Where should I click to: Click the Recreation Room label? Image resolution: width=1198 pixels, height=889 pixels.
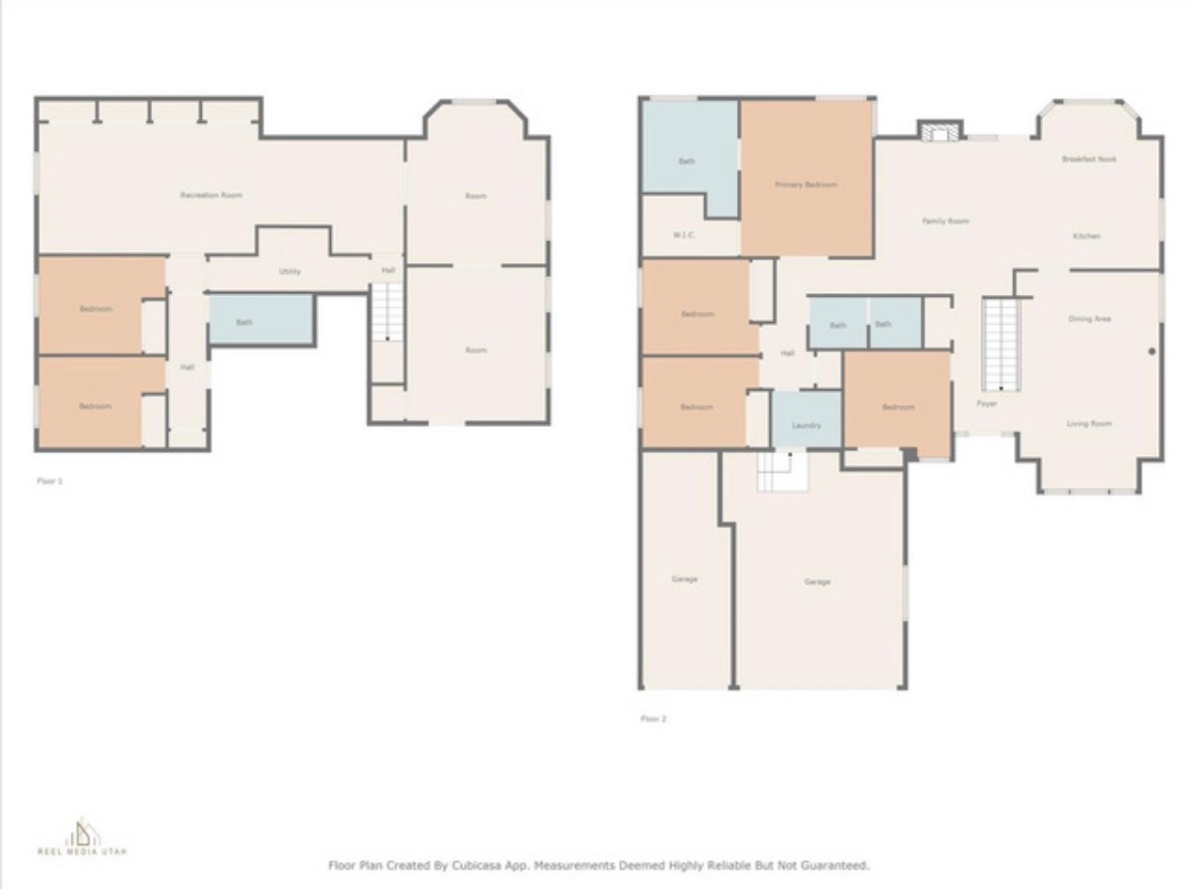[x=211, y=196]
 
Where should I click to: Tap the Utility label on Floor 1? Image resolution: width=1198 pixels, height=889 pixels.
[x=289, y=271]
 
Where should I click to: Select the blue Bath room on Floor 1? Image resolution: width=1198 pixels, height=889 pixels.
[x=260, y=320]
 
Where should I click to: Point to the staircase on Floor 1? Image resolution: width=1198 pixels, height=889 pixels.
[x=387, y=312]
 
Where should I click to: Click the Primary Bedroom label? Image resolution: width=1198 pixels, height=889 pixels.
[x=806, y=185]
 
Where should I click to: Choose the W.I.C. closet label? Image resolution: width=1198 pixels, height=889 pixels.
[x=682, y=234]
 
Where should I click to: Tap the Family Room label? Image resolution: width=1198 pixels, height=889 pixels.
[x=945, y=222]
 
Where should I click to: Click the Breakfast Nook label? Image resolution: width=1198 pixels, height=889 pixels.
[x=1089, y=159]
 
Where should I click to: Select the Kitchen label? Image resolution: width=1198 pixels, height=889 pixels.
[x=1086, y=236]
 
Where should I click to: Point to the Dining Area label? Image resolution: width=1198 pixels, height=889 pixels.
[x=1089, y=319]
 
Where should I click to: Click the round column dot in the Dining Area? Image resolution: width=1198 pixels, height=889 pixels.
[x=1152, y=351]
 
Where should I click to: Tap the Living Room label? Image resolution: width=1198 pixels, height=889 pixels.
[x=1089, y=424]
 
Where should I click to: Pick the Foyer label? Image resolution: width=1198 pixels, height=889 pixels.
[x=986, y=404]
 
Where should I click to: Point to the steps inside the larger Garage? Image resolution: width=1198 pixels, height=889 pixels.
[x=782, y=471]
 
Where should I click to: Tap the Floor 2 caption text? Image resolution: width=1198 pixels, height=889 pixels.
[x=653, y=718]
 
